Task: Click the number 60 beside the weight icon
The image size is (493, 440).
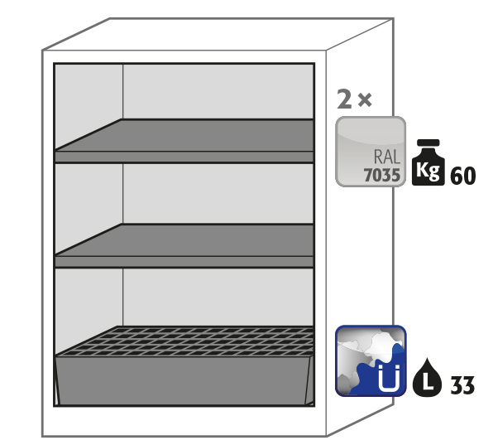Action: pyautogui.click(x=463, y=176)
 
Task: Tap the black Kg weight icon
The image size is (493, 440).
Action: pyautogui.click(x=428, y=162)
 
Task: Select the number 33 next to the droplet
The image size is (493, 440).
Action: pyautogui.click(x=462, y=384)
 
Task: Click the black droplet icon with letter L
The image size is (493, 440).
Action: pyautogui.click(x=427, y=377)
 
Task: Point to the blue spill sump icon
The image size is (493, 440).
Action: pyautogui.click(x=371, y=360)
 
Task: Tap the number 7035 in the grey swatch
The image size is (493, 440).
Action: pyautogui.click(x=382, y=175)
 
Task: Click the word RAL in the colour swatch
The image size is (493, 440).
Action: pyautogui.click(x=387, y=157)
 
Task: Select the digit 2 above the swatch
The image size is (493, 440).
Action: pyautogui.click(x=344, y=99)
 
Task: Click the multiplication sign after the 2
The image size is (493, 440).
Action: pyautogui.click(x=365, y=99)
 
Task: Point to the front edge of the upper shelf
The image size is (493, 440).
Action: pyautogui.click(x=184, y=157)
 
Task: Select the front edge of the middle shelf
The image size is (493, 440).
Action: pyautogui.click(x=184, y=262)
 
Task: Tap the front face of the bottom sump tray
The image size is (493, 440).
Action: pyautogui.click(x=184, y=380)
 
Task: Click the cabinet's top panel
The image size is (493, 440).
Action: pyautogui.click(x=218, y=34)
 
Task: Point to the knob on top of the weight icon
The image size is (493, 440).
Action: pyautogui.click(x=428, y=143)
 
